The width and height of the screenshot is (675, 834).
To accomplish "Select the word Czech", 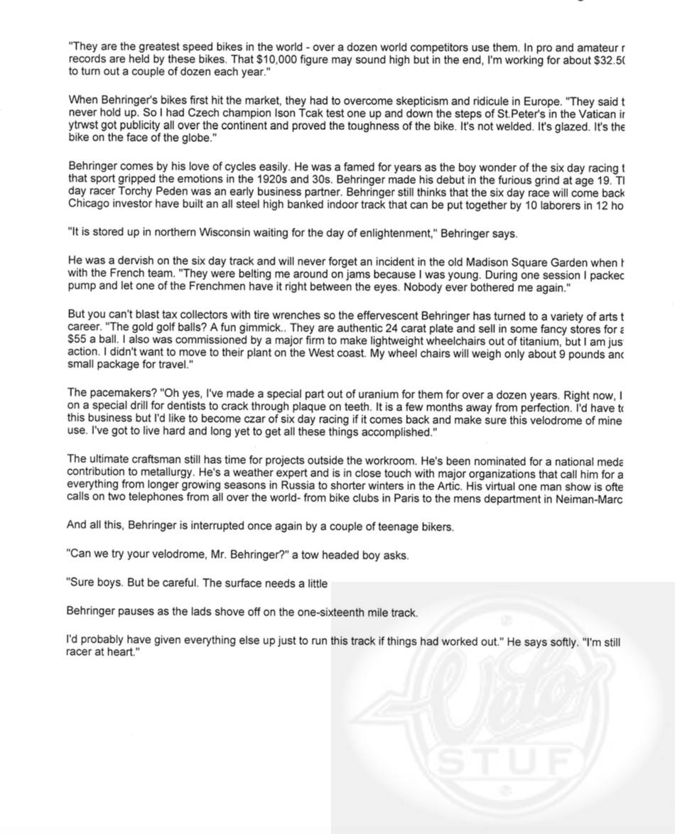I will tap(183, 113).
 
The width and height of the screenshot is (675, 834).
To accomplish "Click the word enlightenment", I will tap(394, 233).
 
